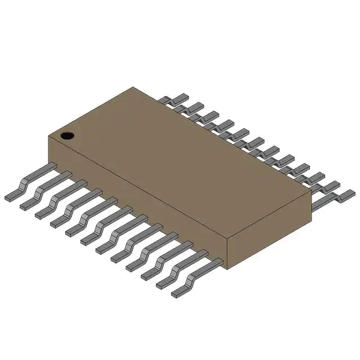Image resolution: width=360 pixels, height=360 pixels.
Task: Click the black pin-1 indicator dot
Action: [67, 135]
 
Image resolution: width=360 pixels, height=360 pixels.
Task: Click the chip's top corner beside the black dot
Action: [49, 135]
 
